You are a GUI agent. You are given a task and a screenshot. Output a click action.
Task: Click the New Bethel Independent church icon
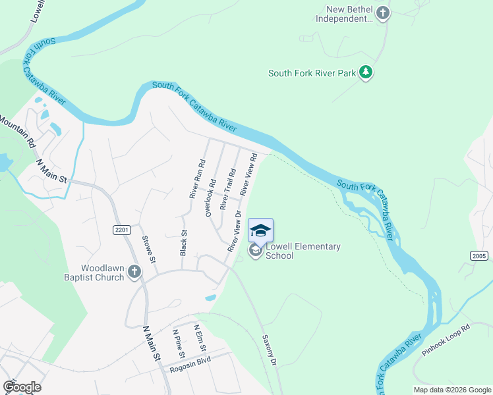(x=382, y=13)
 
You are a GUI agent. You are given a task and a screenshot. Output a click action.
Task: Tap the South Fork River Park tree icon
(x=366, y=73)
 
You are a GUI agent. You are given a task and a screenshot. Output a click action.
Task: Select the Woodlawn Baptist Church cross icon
(x=134, y=272)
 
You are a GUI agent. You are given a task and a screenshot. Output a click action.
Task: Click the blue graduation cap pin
(x=260, y=230)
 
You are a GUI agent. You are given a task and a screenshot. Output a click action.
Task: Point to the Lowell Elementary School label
(x=303, y=251)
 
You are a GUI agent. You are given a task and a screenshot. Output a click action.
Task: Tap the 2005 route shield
(x=479, y=255)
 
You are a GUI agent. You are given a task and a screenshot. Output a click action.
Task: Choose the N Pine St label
(x=177, y=340)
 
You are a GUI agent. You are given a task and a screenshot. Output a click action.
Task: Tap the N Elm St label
(x=200, y=338)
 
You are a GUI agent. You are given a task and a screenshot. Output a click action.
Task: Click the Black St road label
(x=184, y=242)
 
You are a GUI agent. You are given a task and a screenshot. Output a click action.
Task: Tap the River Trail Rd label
(x=227, y=190)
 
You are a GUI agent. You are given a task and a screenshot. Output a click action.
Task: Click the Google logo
(x=22, y=387)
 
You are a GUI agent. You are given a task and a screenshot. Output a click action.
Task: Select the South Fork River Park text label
(x=312, y=73)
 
